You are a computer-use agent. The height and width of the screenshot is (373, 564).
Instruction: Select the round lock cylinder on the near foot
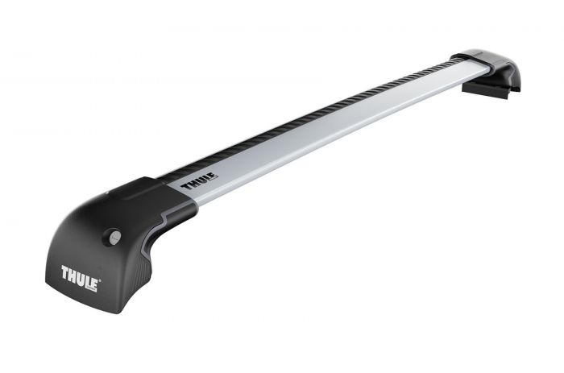[114, 237]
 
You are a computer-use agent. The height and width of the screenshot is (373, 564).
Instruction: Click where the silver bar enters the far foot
[466, 71]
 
